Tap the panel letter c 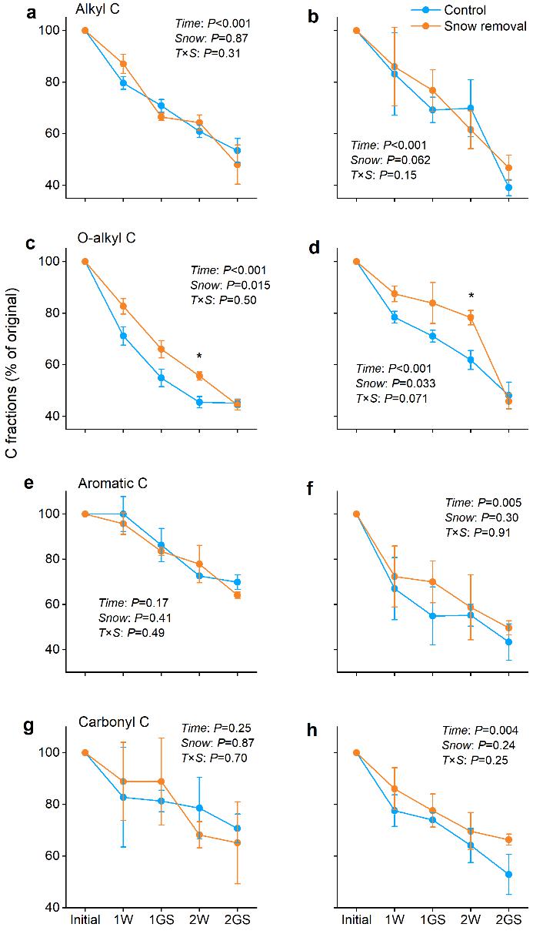(x=30, y=244)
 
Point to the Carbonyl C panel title (x=114, y=722)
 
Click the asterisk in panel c (x=199, y=356)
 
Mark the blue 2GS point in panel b (x=509, y=187)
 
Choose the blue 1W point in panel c (x=123, y=336)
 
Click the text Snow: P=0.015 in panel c (x=231, y=285)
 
